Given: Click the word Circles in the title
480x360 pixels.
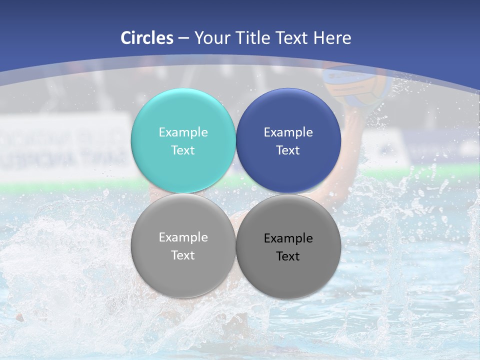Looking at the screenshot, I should click(x=147, y=38).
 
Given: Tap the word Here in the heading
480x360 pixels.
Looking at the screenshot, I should click(x=332, y=38).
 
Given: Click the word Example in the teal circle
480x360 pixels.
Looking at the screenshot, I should click(x=183, y=132).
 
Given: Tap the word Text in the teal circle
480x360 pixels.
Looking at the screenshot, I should click(x=183, y=150).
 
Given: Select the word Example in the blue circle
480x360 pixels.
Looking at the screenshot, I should click(x=288, y=132).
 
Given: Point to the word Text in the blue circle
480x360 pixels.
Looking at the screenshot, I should click(x=288, y=150).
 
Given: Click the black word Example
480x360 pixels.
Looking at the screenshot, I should click(x=288, y=238).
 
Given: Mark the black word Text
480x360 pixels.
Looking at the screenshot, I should click(x=288, y=256).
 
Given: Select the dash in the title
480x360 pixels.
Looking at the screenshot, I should click(x=183, y=38).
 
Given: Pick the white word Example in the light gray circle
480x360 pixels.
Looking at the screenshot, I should click(x=183, y=237).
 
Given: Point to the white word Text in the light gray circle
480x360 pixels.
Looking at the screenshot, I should click(x=183, y=255).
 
